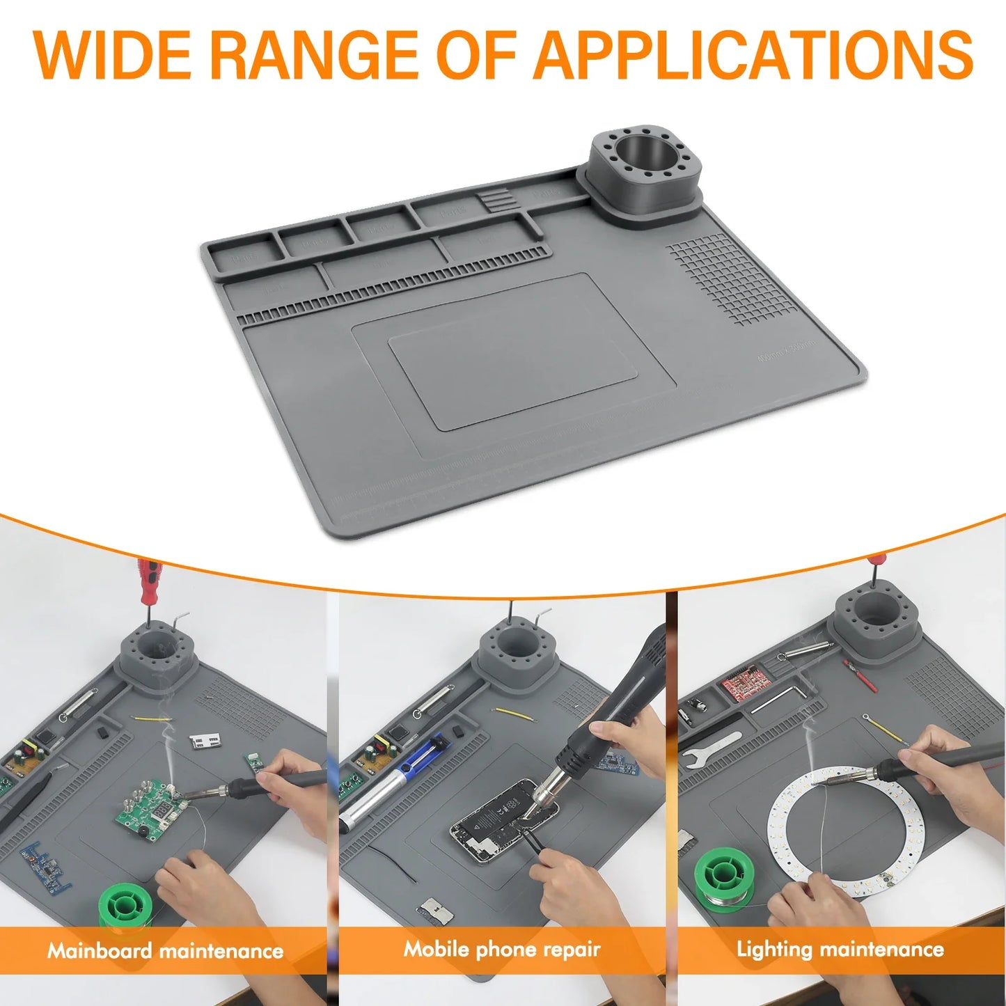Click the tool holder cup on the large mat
tap(644, 171)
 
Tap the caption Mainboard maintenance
tap(165, 950)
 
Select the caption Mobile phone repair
tap(502, 949)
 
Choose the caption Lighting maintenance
tap(840, 949)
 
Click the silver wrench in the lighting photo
tap(710, 748)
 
